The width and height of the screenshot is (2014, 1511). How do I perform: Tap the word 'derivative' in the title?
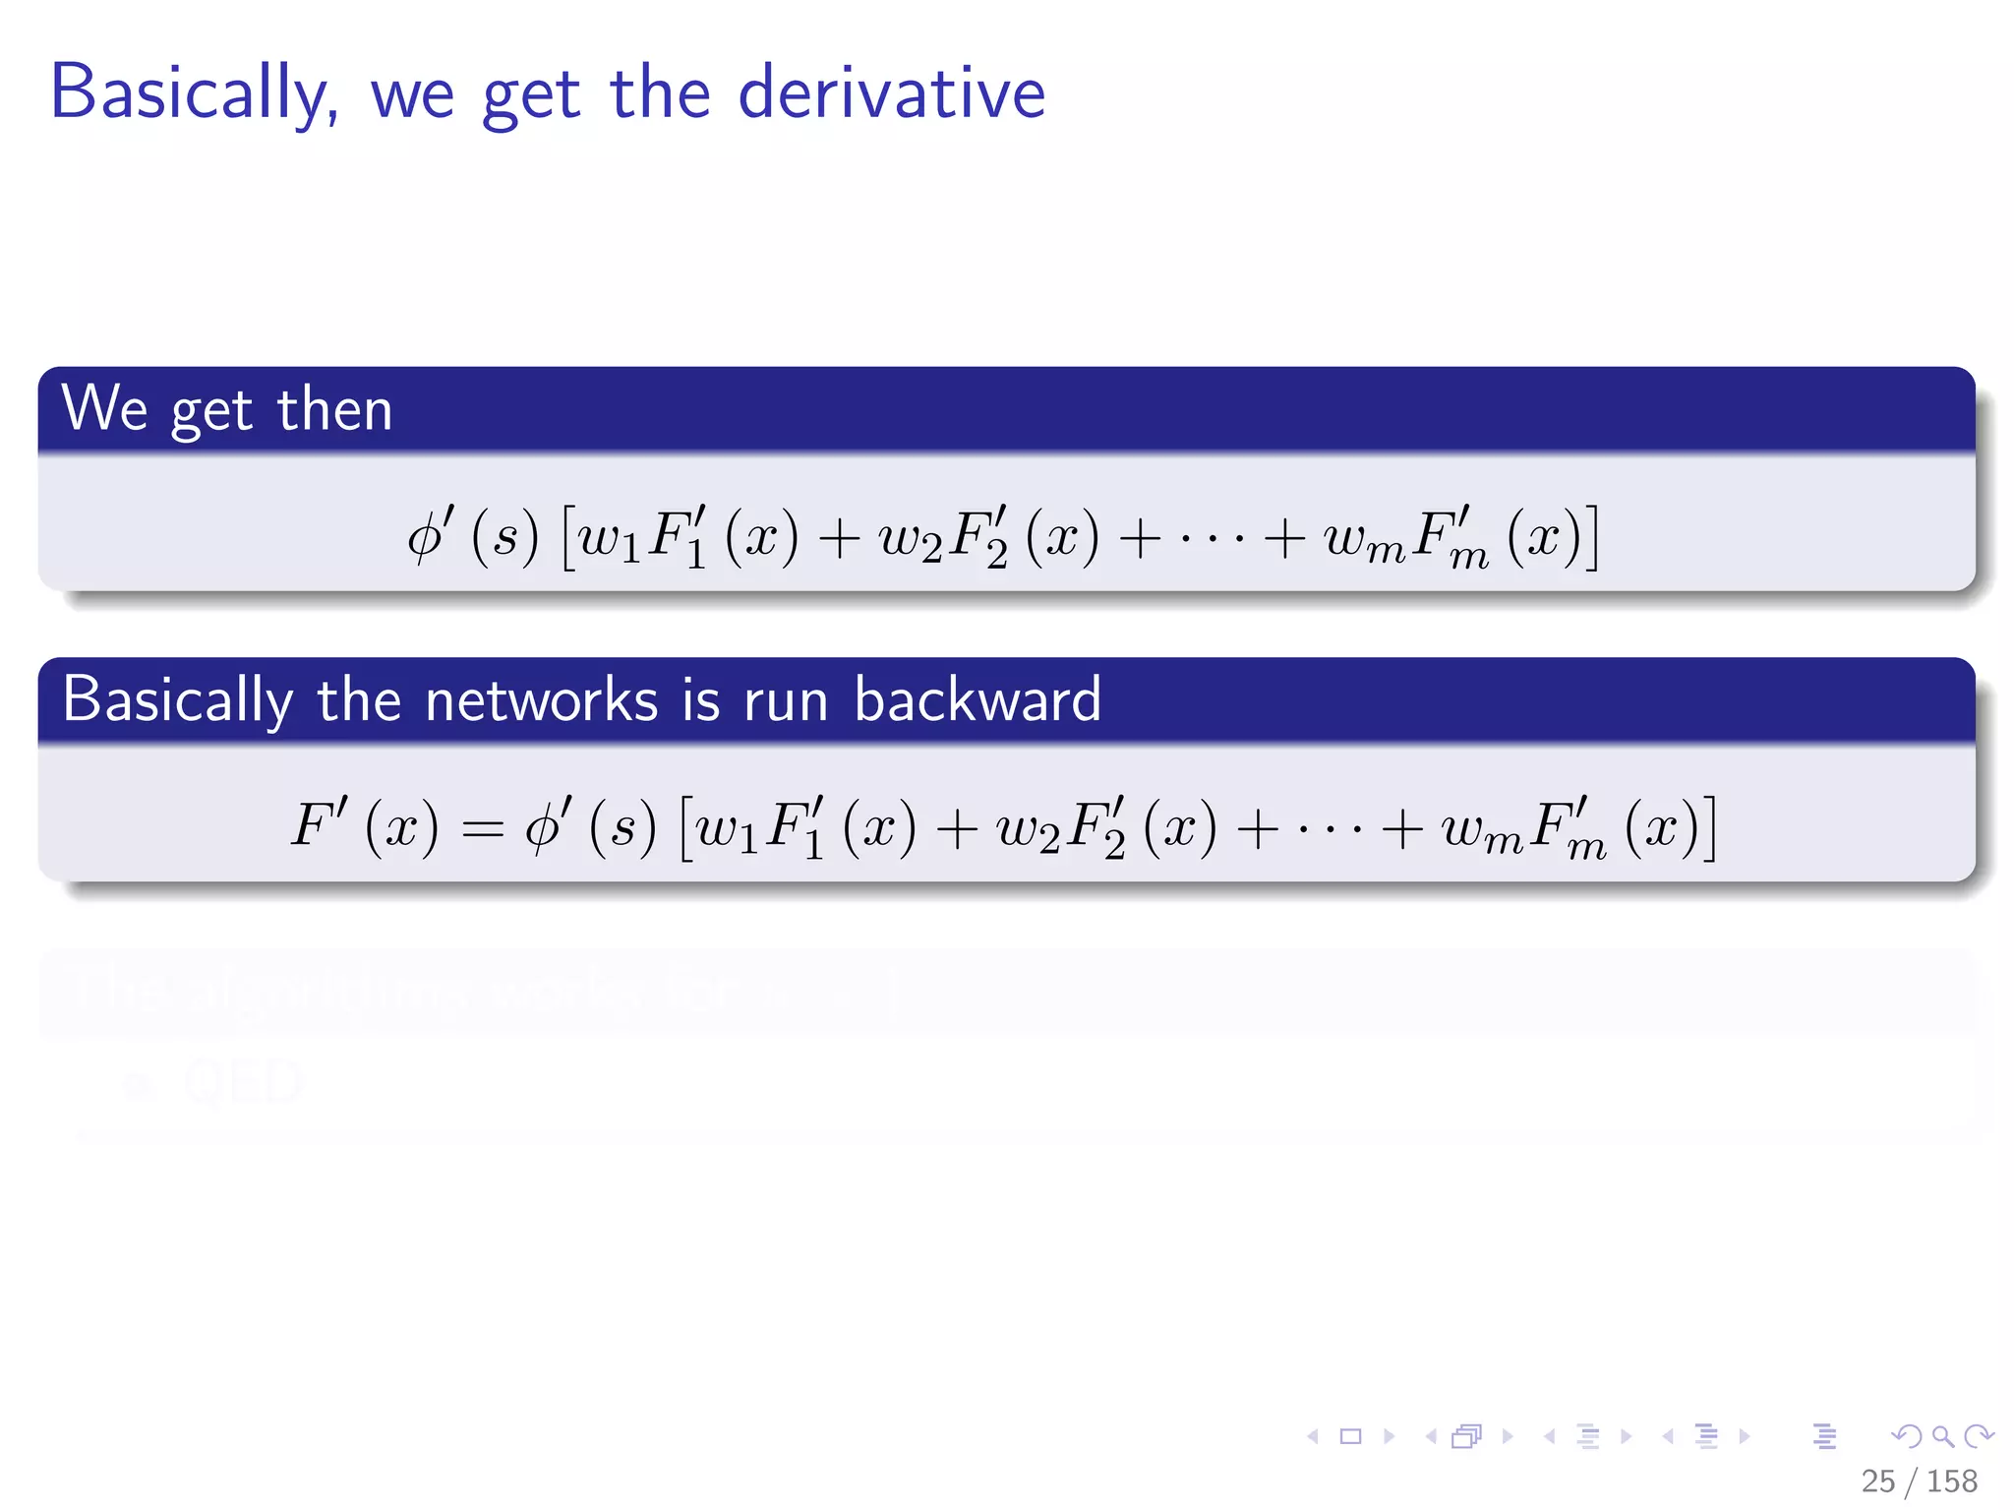pyautogui.click(x=891, y=93)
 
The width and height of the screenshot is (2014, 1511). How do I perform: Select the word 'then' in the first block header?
pyautogui.click(x=334, y=409)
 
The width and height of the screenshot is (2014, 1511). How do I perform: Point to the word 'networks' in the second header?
pyautogui.click(x=541, y=700)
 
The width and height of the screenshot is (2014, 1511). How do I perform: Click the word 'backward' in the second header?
pyautogui.click(x=977, y=700)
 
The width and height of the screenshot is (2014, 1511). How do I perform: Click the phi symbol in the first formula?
pyautogui.click(x=428, y=537)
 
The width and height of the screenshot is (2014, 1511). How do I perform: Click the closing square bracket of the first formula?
pyautogui.click(x=1592, y=538)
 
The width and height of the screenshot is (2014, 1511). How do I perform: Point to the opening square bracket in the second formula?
pyautogui.click(x=685, y=828)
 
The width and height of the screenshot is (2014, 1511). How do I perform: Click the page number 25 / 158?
pyautogui.click(x=1919, y=1481)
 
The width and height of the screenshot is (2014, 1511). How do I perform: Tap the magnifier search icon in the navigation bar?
pyautogui.click(x=1942, y=1436)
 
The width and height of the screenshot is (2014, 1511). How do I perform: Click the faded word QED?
pyautogui.click(x=242, y=1082)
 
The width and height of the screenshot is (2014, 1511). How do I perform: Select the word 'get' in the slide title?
pyautogui.click(x=531, y=95)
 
